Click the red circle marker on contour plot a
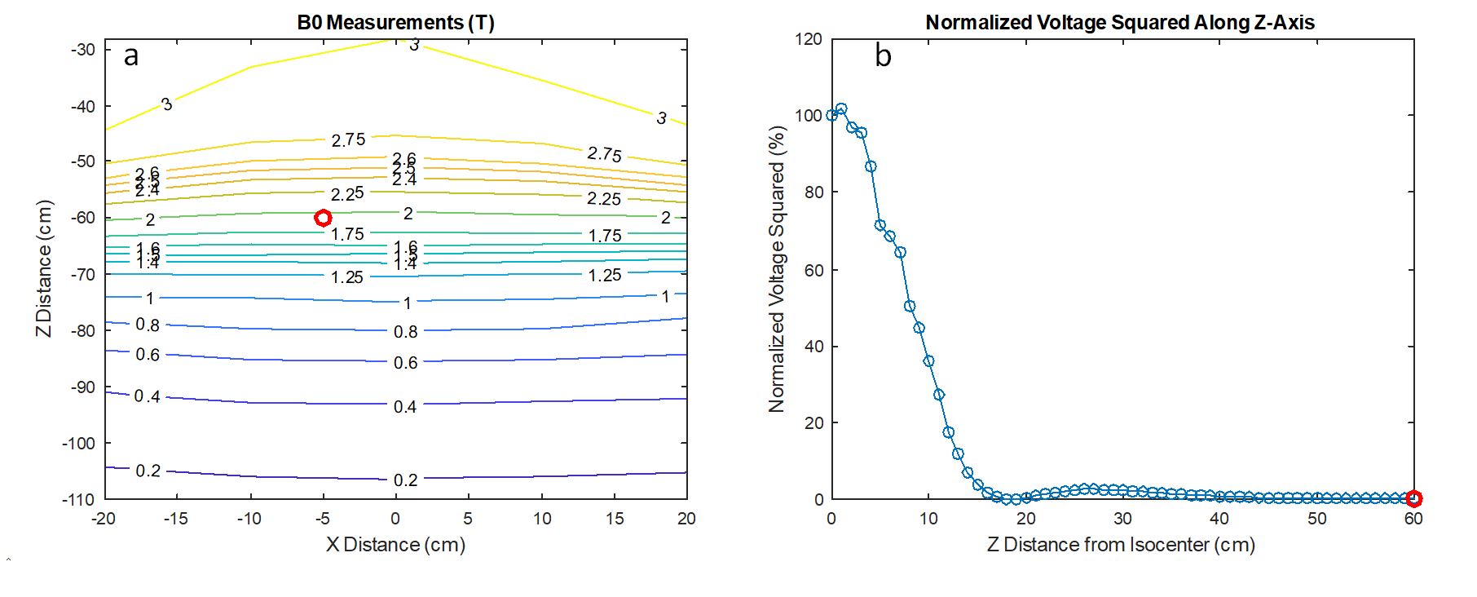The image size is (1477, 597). click(323, 218)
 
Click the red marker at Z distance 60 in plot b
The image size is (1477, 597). click(1414, 498)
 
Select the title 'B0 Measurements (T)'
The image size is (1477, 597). click(395, 22)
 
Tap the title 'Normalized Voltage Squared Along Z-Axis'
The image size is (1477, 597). click(1120, 22)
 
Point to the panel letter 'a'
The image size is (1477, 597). click(131, 55)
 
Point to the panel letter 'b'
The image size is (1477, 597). click(883, 55)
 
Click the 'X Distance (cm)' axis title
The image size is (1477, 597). click(395, 544)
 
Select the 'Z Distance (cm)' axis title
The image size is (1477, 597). click(44, 268)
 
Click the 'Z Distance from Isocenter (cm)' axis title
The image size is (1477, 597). click(1121, 544)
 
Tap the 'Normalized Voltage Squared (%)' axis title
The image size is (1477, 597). click(776, 268)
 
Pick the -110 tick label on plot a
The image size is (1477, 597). click(78, 499)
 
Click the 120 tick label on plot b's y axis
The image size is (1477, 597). click(809, 39)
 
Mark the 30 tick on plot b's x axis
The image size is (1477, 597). click(1122, 519)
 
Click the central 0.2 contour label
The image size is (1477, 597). click(405, 480)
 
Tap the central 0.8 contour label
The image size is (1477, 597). click(405, 332)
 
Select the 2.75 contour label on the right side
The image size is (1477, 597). click(604, 154)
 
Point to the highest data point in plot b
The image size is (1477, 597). click(841, 108)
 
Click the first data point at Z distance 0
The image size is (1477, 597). click(831, 115)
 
